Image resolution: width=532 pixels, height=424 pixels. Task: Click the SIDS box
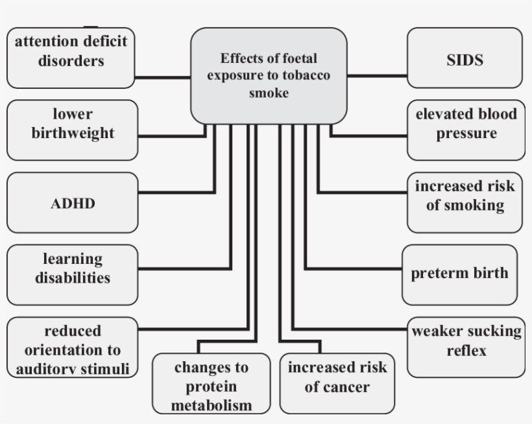point(465,60)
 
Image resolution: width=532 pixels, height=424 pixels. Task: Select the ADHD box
point(73,204)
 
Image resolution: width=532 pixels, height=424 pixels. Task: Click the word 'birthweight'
point(73,134)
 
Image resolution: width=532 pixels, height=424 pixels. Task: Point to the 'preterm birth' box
point(459,272)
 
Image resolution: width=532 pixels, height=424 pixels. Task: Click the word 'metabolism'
point(211,406)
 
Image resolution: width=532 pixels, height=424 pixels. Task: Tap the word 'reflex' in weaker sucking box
point(466,351)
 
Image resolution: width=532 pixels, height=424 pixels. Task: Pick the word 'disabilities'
point(73,278)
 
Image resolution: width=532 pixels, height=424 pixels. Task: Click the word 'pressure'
point(466,134)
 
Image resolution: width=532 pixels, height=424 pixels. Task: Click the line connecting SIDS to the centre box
point(377,76)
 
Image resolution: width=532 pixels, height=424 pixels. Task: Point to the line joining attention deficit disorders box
point(163,77)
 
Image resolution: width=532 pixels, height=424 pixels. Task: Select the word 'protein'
point(211,387)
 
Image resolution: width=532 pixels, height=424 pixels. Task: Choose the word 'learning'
point(73,259)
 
